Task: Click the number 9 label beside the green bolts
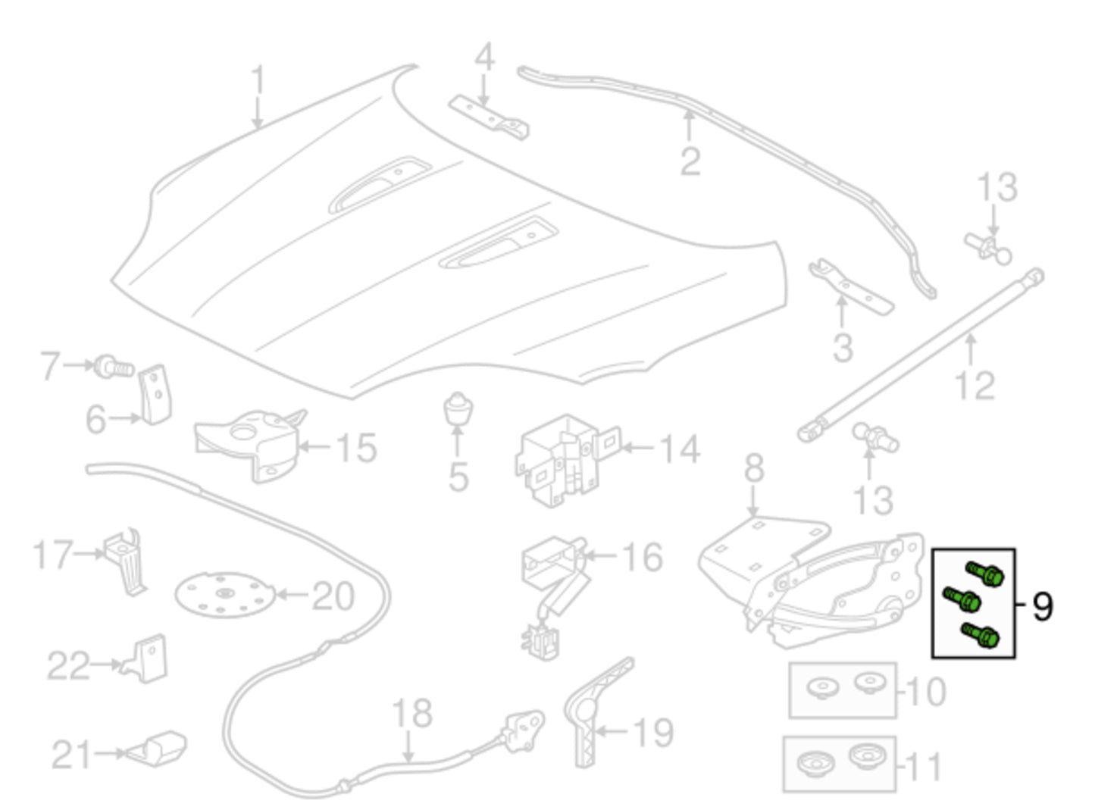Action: tap(1043, 606)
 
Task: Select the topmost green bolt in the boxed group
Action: tap(985, 574)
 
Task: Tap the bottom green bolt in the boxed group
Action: tap(980, 635)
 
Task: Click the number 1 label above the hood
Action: tap(258, 81)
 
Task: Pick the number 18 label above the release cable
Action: tap(412, 713)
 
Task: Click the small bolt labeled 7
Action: tap(114, 368)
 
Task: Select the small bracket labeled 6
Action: tap(156, 394)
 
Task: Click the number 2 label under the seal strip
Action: tap(690, 161)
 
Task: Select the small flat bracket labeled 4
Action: tap(489, 117)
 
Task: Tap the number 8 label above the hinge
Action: tap(753, 469)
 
